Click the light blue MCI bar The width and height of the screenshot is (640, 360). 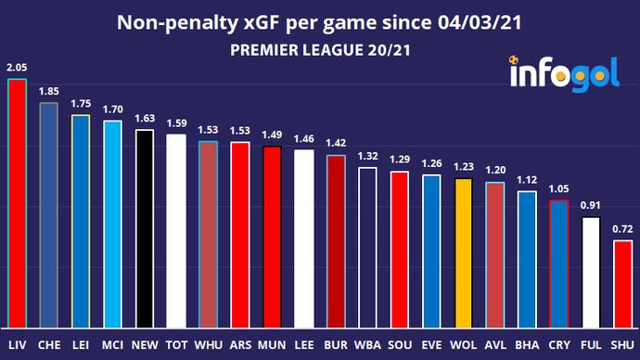pyautogui.click(x=113, y=224)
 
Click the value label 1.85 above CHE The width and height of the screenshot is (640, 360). pyautogui.click(x=49, y=91)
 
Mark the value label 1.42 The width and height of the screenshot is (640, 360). pyautogui.click(x=337, y=144)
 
